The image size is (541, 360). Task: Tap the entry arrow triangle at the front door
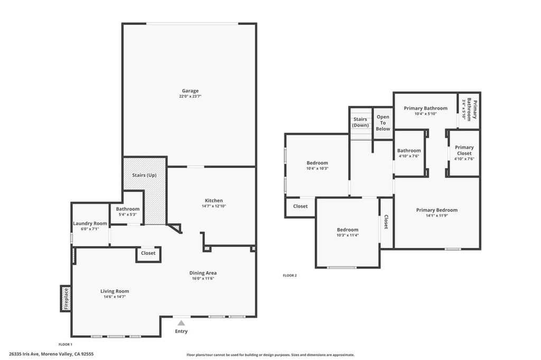181,323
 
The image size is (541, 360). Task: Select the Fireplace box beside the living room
66,298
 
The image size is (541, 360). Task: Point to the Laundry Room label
90,223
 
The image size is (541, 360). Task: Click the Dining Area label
203,273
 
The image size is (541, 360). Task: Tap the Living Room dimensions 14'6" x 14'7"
115,297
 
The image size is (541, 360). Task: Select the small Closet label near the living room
148,253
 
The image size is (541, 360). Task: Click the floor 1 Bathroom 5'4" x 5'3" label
127,209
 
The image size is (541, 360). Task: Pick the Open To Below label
383,123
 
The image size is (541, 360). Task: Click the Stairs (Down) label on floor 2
360,122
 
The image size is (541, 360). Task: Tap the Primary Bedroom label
436,210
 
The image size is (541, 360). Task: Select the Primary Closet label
464,150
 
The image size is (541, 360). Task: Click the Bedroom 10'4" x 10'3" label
317,163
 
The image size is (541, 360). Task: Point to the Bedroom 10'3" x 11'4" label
348,230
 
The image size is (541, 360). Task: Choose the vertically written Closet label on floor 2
386,222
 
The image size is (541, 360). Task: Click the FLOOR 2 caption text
290,276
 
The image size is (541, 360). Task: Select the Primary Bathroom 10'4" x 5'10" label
425,108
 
